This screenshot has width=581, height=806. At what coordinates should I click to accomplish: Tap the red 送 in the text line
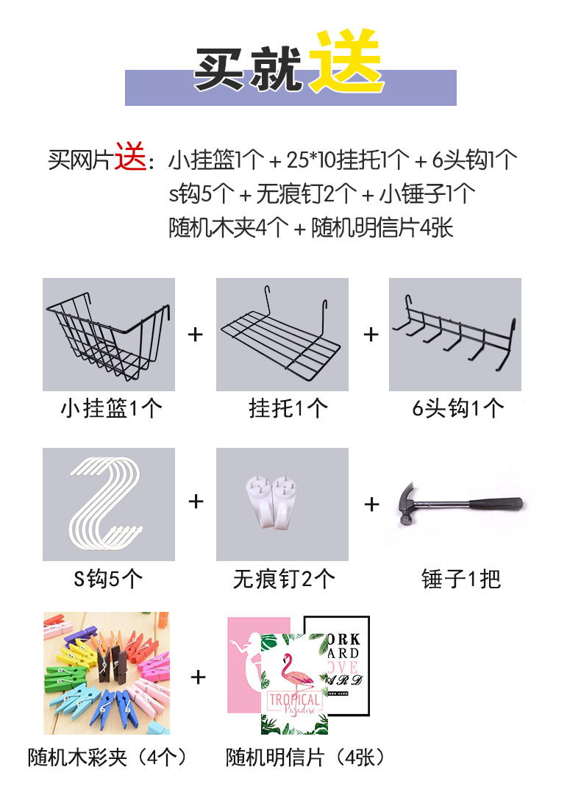coord(131,157)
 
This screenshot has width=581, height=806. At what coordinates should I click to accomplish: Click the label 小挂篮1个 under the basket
coord(112,409)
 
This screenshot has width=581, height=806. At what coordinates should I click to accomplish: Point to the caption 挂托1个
coord(288,409)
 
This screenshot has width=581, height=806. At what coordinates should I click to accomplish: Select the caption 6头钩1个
coord(457,409)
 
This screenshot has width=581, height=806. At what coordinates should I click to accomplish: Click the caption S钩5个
coord(108,579)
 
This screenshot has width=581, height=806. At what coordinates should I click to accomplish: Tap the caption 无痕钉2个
coord(284,579)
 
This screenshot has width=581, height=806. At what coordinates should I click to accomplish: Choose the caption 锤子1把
coord(461,579)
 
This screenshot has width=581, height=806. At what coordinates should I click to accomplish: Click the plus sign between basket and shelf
coord(196,335)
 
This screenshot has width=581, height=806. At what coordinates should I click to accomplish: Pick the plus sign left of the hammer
coord(371,504)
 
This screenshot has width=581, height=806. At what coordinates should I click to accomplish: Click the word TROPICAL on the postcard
coord(295,699)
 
